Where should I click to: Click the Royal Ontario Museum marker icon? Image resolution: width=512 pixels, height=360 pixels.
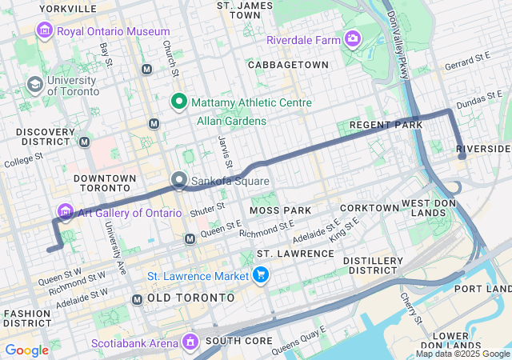[x=44, y=30]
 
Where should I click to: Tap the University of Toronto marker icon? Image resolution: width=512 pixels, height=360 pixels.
[x=34, y=84]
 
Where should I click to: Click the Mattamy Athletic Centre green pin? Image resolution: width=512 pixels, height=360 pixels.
[x=179, y=102]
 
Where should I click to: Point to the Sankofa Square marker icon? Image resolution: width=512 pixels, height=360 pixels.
[x=179, y=181]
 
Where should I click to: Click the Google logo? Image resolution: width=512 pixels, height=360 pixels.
[x=26, y=350]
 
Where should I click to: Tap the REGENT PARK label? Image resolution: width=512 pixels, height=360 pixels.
[x=386, y=126]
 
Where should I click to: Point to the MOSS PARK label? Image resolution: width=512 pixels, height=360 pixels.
[x=279, y=210]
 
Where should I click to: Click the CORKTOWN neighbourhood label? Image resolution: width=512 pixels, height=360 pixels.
[x=369, y=208]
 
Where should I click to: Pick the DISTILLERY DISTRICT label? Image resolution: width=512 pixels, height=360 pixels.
[x=373, y=266]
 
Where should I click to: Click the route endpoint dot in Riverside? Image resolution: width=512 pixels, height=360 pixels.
[x=462, y=157]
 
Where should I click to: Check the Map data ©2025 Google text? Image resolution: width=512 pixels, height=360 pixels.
[x=462, y=354]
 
